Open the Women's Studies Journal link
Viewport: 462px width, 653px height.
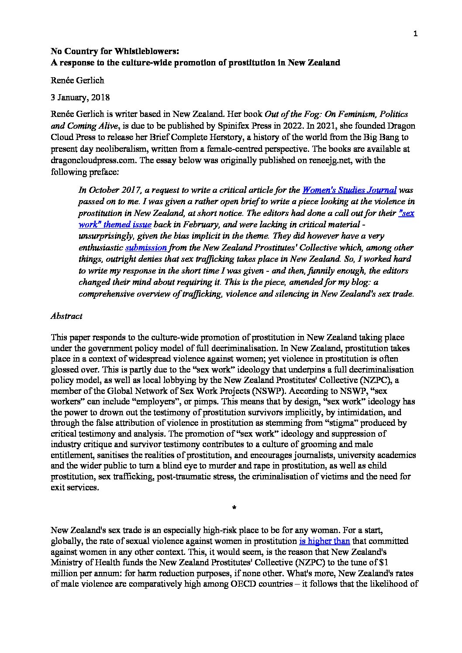[x=349, y=190]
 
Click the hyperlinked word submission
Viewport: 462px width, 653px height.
[x=146, y=248]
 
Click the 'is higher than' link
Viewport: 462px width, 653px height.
[x=324, y=541]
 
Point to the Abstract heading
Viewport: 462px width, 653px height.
[x=66, y=315]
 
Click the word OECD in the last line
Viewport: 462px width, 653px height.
[x=245, y=584]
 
